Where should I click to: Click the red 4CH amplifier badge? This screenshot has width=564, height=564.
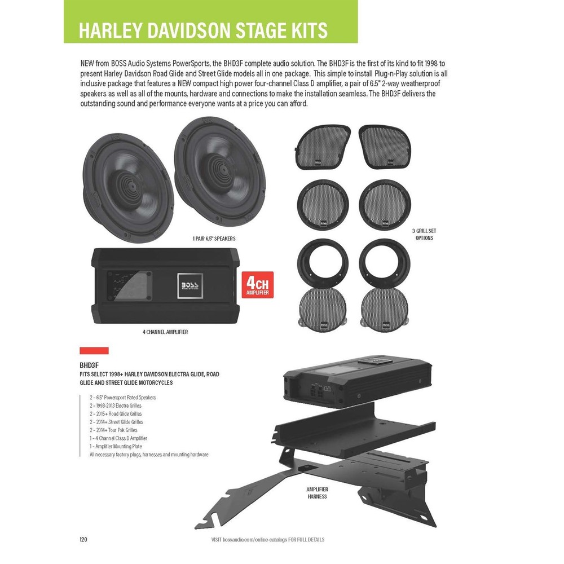[258, 285]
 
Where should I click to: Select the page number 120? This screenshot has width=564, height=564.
[83, 540]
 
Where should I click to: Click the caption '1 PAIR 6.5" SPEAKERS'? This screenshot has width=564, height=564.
[214, 239]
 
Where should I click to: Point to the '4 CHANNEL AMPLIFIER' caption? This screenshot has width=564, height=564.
[165, 332]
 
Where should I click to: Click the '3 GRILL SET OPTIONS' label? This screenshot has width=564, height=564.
[424, 235]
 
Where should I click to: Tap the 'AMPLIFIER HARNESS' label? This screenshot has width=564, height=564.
[318, 492]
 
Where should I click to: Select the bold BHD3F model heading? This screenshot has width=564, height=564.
[90, 365]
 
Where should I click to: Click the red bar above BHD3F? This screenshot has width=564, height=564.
[94, 350]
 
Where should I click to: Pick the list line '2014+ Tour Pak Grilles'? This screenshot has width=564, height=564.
[113, 430]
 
